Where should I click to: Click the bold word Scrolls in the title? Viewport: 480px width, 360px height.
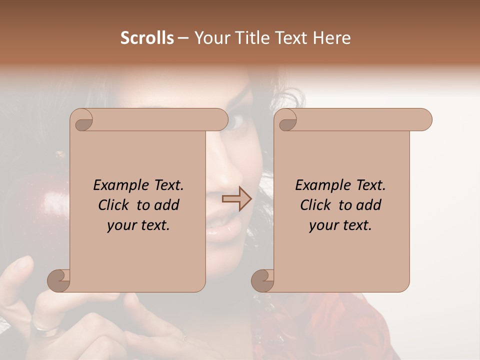coord(147,38)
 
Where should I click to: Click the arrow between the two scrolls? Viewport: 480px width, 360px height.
coord(236,199)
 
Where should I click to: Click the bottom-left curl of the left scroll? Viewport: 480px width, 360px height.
coord(59,280)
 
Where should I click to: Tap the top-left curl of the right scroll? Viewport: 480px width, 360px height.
coord(287,120)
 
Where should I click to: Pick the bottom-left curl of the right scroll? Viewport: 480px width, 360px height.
coord(263,280)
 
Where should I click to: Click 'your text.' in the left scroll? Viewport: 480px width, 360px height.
coord(138,225)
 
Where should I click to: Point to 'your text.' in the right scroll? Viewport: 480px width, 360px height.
coord(340,225)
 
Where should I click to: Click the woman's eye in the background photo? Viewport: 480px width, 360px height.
coord(237,120)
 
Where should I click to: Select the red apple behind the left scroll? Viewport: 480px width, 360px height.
coord(42,210)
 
